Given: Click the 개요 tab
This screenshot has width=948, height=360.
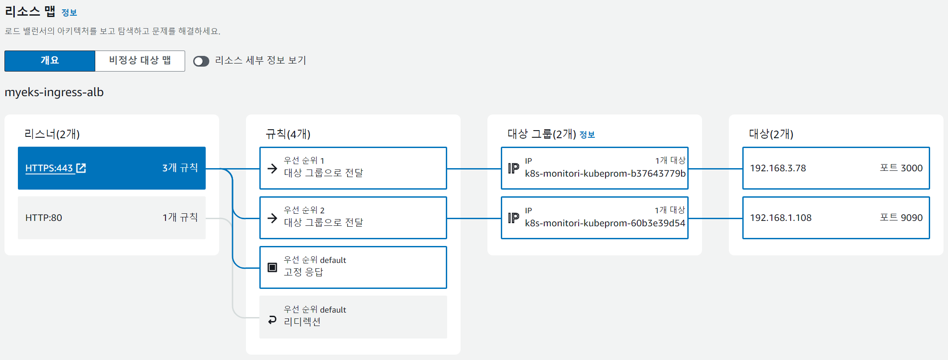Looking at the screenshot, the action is coord(50,61).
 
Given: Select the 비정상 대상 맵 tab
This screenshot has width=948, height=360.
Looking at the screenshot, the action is coord(140,61).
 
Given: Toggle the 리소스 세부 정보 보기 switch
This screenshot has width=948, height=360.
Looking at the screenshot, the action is coord(201,61).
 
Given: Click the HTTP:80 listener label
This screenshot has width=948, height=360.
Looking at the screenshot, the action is coord(44,218).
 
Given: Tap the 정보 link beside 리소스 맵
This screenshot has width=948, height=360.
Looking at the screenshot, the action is coord(69,13).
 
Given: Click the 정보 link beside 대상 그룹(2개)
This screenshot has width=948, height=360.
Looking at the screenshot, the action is coord(587,135).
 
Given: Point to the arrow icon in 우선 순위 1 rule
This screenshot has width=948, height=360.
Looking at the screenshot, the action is coord(272,168).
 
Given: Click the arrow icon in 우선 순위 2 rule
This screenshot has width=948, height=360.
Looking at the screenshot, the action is coord(272,218).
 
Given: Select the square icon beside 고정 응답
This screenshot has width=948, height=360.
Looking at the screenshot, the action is coord(272,267).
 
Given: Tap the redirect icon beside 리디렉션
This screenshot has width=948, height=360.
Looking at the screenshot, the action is coord(272,320).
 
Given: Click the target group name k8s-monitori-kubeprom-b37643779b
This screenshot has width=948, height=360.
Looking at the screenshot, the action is coord(605,174).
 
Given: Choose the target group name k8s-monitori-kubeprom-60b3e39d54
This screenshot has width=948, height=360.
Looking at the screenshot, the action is coord(605,223).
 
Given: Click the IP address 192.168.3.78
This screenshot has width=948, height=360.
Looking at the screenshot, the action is coord(778,168).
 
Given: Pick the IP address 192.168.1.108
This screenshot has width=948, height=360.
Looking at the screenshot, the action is coord(781,218).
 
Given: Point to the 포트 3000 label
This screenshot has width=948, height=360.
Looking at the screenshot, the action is coord(901,168).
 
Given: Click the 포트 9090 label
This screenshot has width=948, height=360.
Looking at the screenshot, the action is coord(901,218).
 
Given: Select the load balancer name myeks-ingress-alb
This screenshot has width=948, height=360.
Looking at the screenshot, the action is coord(54,93).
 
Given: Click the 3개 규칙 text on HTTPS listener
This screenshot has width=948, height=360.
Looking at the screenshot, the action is coord(180,168).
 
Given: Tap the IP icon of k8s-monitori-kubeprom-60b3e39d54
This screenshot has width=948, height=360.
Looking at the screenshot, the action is coord(513,218).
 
